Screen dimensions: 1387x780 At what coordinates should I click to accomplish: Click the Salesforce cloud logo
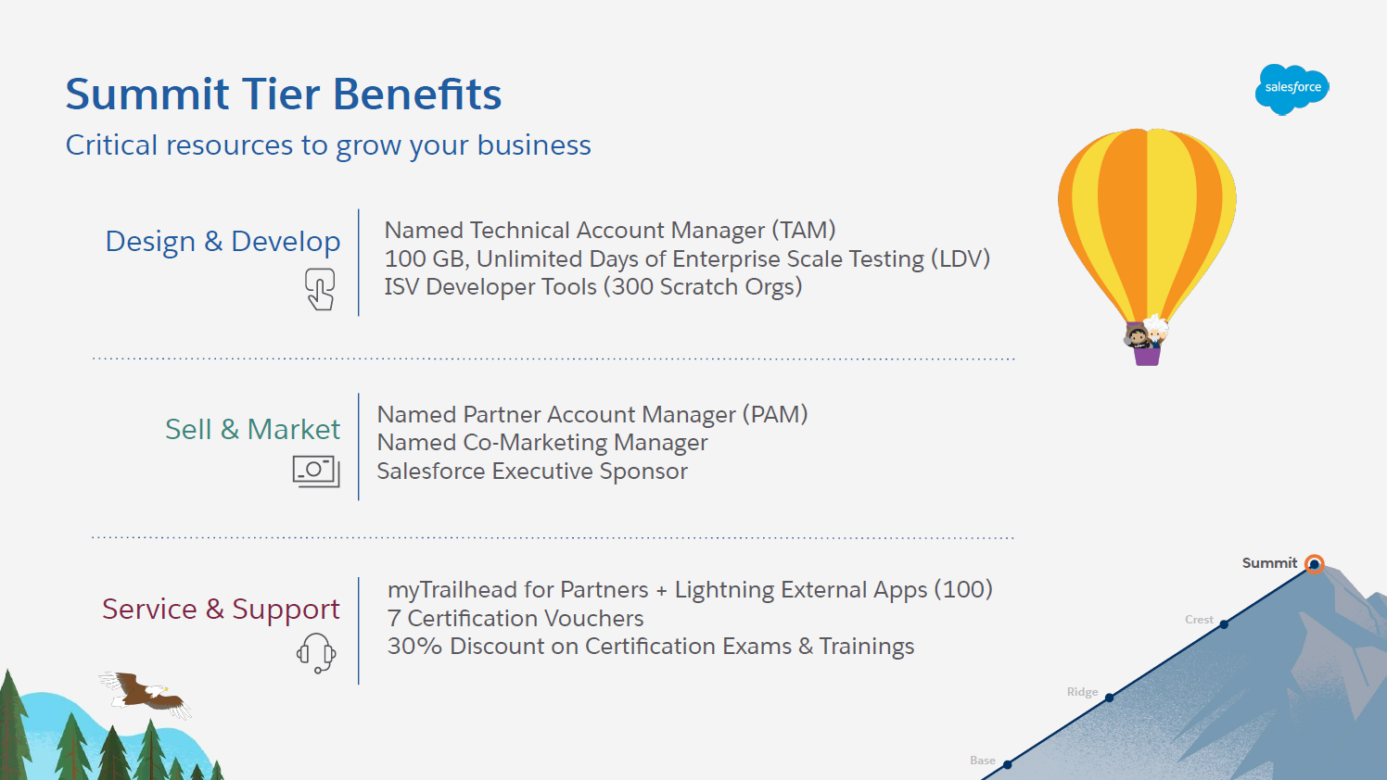click(1292, 89)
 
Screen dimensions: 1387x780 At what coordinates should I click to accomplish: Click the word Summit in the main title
click(147, 94)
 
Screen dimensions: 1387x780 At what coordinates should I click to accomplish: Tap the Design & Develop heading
click(223, 241)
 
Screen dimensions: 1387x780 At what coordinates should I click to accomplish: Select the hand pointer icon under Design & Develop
click(320, 289)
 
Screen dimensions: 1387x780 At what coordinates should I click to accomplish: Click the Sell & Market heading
click(252, 429)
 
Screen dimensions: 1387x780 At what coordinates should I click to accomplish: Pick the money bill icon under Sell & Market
click(316, 472)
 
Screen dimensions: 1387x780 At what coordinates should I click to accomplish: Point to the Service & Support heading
click(221, 610)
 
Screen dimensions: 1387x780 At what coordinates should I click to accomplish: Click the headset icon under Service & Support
click(316, 652)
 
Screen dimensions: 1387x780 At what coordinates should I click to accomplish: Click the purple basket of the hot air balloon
click(1148, 355)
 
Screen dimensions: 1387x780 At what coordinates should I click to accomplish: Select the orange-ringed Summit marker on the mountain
click(1314, 564)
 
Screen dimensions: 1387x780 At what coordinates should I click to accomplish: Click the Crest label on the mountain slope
click(1199, 620)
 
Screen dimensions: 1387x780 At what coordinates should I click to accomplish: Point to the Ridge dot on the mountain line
click(1110, 698)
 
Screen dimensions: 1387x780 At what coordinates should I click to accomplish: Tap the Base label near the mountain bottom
click(983, 761)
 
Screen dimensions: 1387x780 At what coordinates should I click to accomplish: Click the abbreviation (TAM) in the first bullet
click(804, 231)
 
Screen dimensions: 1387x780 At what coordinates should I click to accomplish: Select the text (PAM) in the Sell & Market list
click(775, 414)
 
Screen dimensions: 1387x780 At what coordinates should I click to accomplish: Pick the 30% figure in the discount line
click(414, 647)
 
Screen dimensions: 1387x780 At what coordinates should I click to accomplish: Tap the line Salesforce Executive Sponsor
click(532, 472)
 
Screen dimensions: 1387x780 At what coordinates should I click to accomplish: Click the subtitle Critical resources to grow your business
click(328, 146)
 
